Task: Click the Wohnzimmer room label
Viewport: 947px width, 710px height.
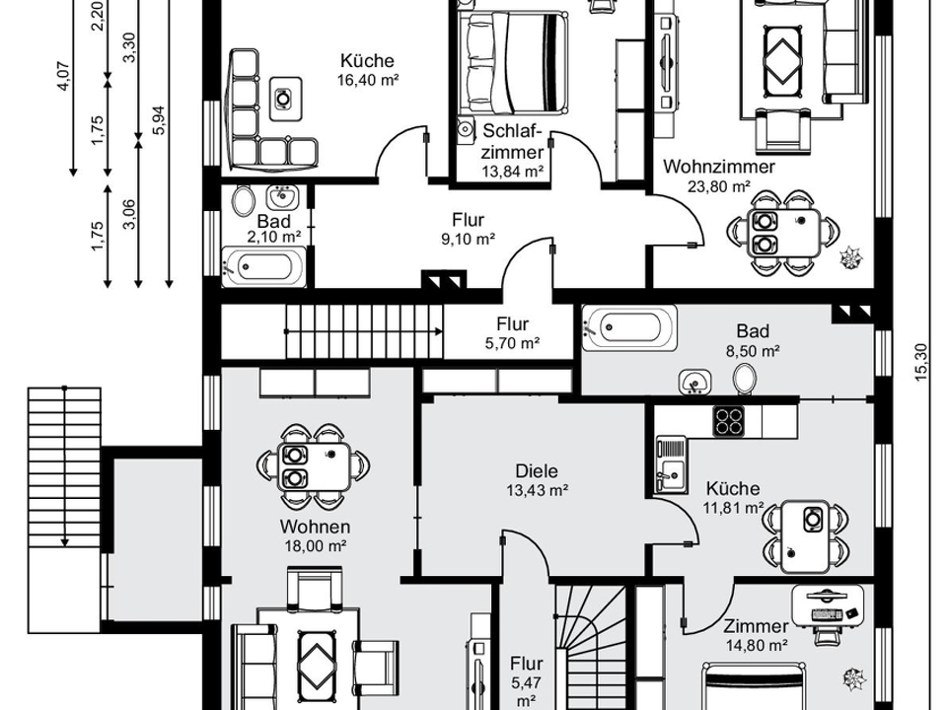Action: tap(719, 166)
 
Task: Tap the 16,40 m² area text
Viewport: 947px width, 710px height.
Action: tap(367, 80)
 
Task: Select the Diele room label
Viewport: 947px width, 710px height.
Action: tap(537, 471)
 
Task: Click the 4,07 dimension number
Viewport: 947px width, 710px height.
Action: tap(64, 76)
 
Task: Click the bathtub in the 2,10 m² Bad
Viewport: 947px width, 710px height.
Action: tap(264, 266)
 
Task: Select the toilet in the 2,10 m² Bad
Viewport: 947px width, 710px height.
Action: tap(243, 201)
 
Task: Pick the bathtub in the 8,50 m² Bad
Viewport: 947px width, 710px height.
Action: tap(629, 327)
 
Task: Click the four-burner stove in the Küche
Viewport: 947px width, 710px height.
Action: tap(729, 421)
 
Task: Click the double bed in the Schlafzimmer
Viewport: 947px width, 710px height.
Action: tap(513, 63)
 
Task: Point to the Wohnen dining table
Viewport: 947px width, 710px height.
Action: tap(314, 466)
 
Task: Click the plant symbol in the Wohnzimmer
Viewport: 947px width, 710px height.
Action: tap(851, 257)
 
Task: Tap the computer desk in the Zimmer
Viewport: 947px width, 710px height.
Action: tap(827, 606)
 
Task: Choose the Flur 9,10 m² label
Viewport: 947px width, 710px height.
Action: tap(468, 230)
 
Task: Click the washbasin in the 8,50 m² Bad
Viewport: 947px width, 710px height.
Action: tap(695, 383)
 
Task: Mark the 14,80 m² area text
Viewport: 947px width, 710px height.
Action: tap(757, 646)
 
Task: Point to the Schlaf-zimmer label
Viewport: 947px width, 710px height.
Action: tap(513, 141)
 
